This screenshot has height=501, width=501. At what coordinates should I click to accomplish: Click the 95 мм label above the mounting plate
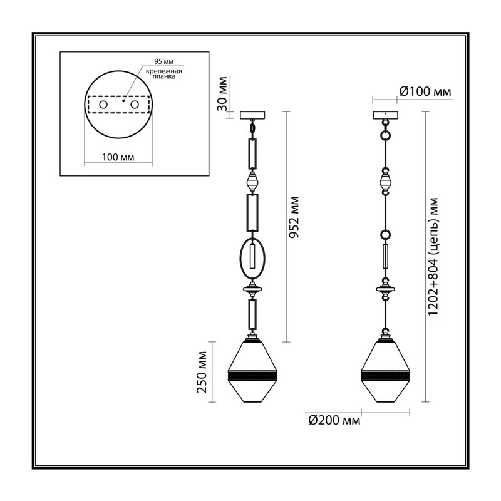coord(164,61)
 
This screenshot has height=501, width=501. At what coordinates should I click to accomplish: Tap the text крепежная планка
coord(164,74)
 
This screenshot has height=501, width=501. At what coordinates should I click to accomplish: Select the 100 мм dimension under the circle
coord(118,157)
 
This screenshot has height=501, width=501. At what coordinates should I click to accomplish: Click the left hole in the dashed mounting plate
coord(103,105)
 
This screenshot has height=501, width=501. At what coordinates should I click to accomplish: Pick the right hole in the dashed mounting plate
coord(135,105)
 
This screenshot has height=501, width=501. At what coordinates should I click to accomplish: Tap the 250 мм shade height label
coord(202,372)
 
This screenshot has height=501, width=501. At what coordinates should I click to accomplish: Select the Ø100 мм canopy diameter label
coord(425,91)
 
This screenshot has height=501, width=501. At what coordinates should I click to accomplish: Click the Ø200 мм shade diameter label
coord(334,420)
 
